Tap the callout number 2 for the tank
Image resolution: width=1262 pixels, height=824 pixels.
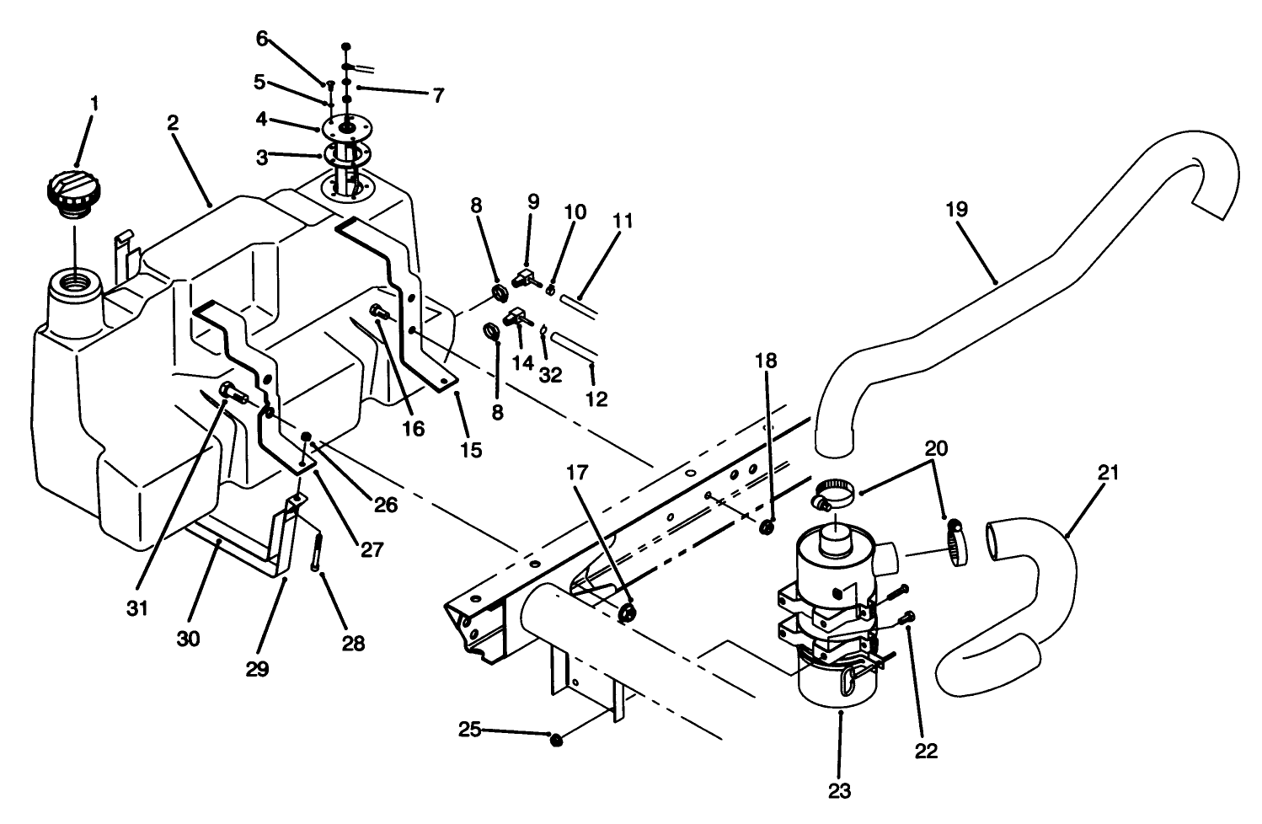pos(173,123)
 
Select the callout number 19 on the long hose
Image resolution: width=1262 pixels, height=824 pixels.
pos(957,210)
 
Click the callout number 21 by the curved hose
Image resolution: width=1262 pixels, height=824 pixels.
pos(1109,474)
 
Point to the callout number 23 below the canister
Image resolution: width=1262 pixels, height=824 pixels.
pos(840,790)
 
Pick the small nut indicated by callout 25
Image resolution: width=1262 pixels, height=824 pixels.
pos(556,740)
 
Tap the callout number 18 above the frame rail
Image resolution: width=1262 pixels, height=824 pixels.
pos(767,361)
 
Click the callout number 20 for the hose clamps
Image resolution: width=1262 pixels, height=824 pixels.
pos(936,448)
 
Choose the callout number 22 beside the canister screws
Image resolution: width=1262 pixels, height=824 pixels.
pos(927,751)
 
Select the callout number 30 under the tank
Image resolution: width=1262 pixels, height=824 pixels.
pos(189,639)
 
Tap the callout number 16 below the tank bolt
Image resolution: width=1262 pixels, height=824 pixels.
pos(413,428)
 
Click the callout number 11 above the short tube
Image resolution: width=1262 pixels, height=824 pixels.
pos(623,222)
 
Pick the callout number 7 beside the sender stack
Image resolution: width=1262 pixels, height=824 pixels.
pos(438,95)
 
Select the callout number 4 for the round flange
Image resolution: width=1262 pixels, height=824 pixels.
pos(262,120)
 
